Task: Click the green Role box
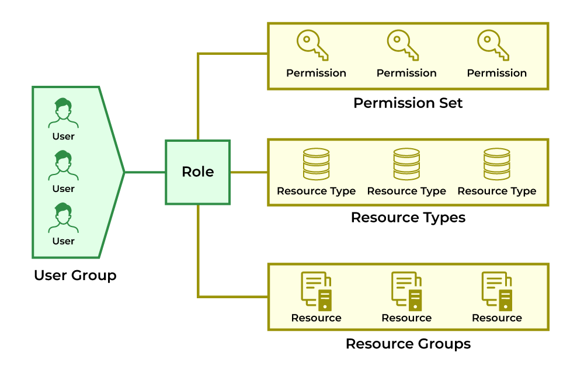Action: coord(197,172)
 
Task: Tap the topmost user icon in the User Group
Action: coord(64,113)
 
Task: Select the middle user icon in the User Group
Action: coord(64,165)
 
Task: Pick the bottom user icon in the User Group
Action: coord(64,218)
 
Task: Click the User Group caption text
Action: coord(75,275)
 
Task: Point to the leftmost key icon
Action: coord(312,46)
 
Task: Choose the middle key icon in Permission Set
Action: coord(403,46)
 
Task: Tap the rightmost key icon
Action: coord(493,46)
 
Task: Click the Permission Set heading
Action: coord(408,103)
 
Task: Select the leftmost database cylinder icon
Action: coord(316,164)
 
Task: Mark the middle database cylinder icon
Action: coord(406,164)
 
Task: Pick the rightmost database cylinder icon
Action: coord(497,164)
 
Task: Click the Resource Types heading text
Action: coord(408,218)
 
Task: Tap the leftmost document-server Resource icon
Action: coord(316,291)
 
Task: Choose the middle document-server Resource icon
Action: coord(406,291)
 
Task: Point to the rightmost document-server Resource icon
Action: coord(497,291)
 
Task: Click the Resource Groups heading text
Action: coord(408,344)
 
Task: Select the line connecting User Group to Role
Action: coord(145,172)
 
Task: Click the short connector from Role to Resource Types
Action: coord(249,172)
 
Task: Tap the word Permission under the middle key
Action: coord(406,73)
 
